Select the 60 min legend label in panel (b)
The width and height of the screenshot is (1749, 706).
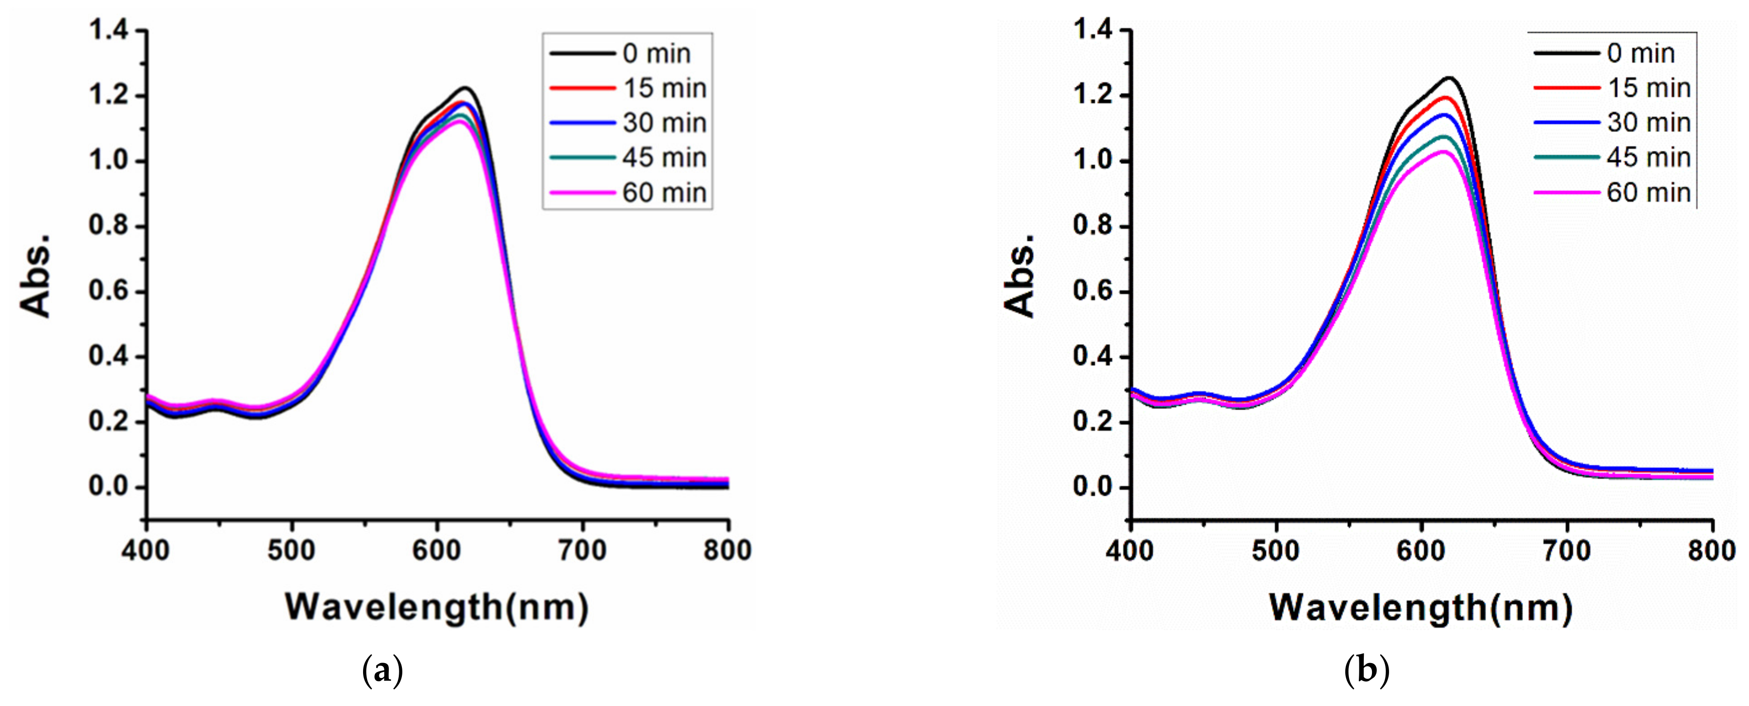point(1648,193)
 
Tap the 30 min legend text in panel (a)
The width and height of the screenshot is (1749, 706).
point(664,123)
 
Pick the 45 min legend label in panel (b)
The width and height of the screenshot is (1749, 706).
point(1648,158)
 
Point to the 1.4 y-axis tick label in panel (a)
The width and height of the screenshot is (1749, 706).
point(109,31)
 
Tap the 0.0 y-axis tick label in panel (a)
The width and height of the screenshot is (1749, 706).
point(109,487)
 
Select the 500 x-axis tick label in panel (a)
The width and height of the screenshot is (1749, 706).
point(291,550)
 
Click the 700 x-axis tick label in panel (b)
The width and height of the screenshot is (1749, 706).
point(1567,550)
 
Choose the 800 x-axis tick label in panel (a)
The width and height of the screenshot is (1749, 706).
point(727,550)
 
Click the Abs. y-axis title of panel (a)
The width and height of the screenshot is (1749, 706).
point(35,275)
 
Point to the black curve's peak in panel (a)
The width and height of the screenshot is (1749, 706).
point(466,88)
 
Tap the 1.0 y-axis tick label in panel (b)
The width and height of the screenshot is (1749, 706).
point(1093,161)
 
